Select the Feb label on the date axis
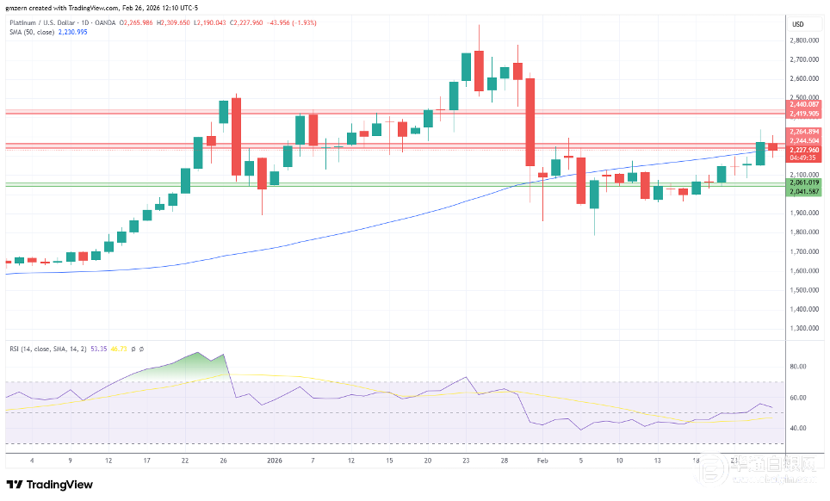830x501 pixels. click(543, 461)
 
